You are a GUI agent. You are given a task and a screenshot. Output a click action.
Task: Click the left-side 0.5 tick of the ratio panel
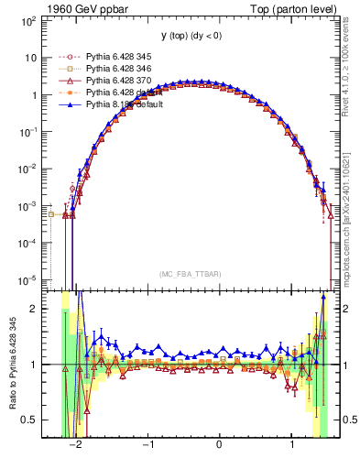[x=29, y=420]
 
